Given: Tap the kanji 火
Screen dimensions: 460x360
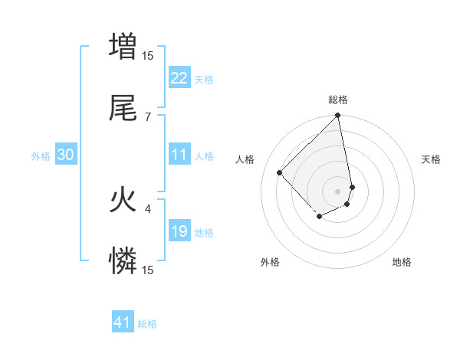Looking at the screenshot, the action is (123, 201).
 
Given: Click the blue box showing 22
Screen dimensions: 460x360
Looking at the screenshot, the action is (179, 78).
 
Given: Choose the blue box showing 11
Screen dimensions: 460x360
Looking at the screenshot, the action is (179, 155).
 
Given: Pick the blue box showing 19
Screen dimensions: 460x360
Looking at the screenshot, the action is (179, 231).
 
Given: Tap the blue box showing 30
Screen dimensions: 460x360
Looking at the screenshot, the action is (66, 155).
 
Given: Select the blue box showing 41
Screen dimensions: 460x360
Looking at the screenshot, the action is (123, 322).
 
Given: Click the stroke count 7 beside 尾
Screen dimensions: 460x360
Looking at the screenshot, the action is (148, 116).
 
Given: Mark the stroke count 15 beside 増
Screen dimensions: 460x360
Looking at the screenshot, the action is (148, 55).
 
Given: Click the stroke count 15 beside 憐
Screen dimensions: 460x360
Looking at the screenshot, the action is (148, 270).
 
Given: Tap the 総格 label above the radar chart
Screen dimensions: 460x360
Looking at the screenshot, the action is (338, 100).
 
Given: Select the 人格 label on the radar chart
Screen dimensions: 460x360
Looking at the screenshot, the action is (245, 159).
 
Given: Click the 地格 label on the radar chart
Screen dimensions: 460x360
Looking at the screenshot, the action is (402, 262).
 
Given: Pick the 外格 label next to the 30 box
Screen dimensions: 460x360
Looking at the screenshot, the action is (41, 155).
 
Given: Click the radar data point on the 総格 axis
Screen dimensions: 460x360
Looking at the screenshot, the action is (338, 116).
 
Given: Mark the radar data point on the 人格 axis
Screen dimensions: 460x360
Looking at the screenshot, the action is (280, 172).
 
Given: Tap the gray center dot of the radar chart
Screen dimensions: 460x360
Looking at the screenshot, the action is (338, 191).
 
